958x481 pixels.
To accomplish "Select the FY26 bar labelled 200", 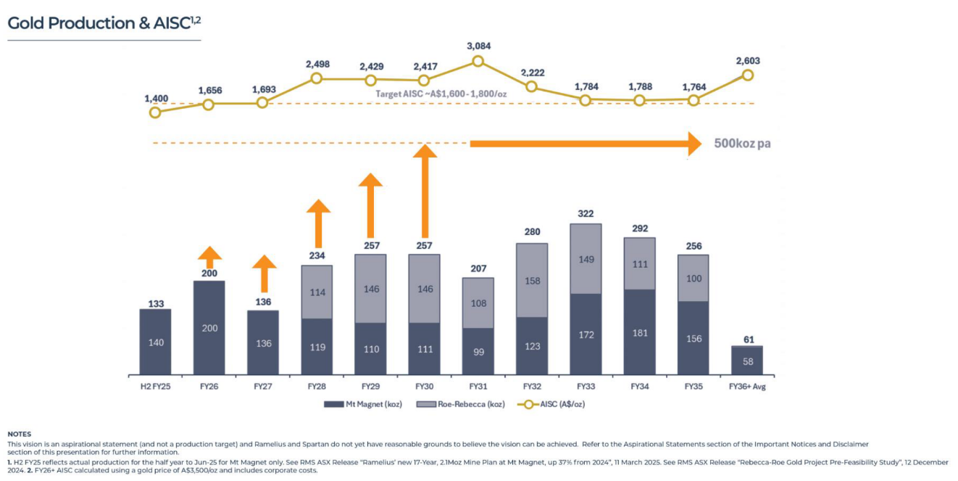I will (x=209, y=327).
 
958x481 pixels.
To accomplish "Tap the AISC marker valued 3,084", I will (x=478, y=61).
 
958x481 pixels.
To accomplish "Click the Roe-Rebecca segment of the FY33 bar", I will (x=586, y=259).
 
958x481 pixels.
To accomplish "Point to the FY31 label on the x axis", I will (x=478, y=386).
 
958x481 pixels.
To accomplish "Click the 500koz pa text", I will (x=742, y=144).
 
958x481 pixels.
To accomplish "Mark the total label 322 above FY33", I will (x=586, y=214).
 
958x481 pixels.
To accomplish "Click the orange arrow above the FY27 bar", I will (x=264, y=274).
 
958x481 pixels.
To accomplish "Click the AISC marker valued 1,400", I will (x=155, y=112).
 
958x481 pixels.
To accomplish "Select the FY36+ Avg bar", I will (x=746, y=361).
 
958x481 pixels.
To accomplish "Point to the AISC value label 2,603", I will (x=748, y=61).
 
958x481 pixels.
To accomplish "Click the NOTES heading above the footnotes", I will (x=20, y=434).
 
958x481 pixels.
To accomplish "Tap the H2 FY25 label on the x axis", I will (x=155, y=386).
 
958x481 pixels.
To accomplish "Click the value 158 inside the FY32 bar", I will (x=532, y=281).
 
